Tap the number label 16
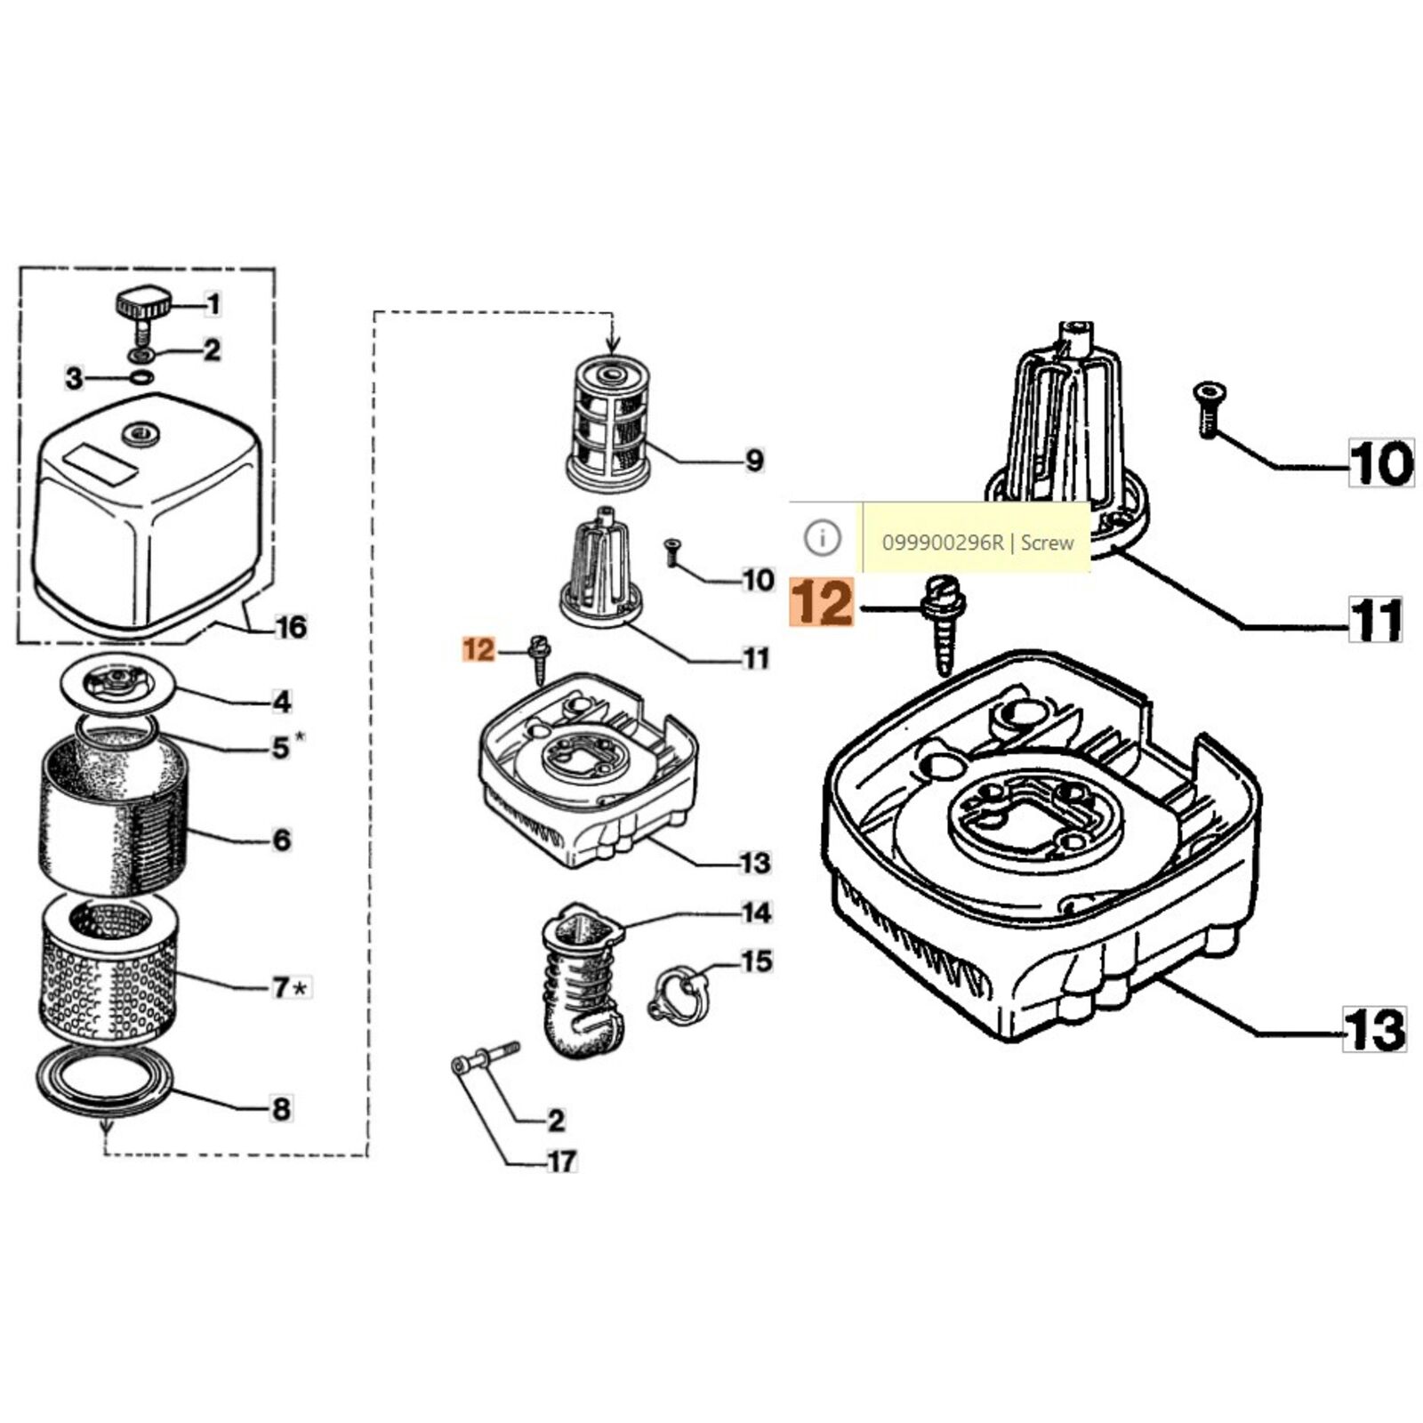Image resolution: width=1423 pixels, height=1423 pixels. point(292,628)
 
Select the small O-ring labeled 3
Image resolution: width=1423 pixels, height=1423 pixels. point(138,378)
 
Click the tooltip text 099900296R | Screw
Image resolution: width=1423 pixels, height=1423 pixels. point(977,542)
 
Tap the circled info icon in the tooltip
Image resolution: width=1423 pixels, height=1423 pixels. point(823,538)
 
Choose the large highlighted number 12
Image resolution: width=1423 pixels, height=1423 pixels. point(822,602)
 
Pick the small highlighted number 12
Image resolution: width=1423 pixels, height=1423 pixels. point(478,650)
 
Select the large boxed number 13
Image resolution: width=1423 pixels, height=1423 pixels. point(1375,1029)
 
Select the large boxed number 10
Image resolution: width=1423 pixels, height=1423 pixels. point(1381,462)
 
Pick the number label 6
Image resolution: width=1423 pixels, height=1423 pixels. point(281,840)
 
